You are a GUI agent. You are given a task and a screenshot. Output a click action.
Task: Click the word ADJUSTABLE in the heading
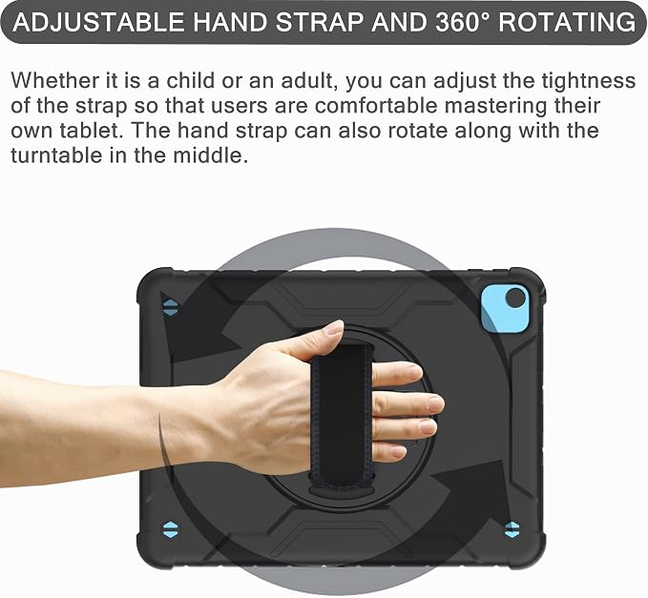pos(98,22)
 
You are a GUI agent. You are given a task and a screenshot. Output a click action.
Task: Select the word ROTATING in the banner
pos(567,22)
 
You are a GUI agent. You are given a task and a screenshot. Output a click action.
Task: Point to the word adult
pos(306,80)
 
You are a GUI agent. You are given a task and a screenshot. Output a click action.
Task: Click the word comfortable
pos(376,106)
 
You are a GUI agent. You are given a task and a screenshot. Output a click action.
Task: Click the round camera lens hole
pos(515,299)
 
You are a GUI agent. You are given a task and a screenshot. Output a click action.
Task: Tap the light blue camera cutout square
pos(505,308)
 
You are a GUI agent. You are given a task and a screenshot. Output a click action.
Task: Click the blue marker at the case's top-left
pos(170,308)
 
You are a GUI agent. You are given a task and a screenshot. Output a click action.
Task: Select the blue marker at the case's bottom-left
pos(170,529)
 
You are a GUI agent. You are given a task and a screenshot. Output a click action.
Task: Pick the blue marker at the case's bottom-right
pos(512,529)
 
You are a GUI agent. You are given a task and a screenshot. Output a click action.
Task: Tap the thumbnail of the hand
pos(334,328)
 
